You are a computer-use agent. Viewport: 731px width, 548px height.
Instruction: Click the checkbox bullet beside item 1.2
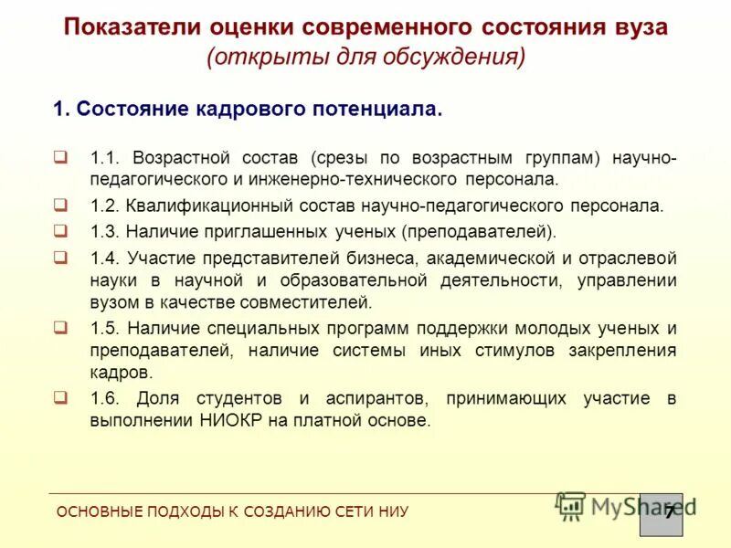pyautogui.click(x=60, y=204)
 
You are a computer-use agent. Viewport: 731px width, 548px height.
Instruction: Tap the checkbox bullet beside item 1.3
pyautogui.click(x=60, y=230)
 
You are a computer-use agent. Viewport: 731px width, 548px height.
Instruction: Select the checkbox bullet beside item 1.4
pyautogui.click(x=60, y=257)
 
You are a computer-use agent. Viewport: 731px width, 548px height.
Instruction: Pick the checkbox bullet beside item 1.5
pyautogui.click(x=60, y=326)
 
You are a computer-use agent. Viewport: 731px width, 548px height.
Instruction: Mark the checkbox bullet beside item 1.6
pyautogui.click(x=60, y=396)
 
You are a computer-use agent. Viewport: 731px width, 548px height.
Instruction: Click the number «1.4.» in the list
pyautogui.click(x=105, y=258)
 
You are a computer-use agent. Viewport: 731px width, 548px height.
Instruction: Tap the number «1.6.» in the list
pyautogui.click(x=105, y=398)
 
